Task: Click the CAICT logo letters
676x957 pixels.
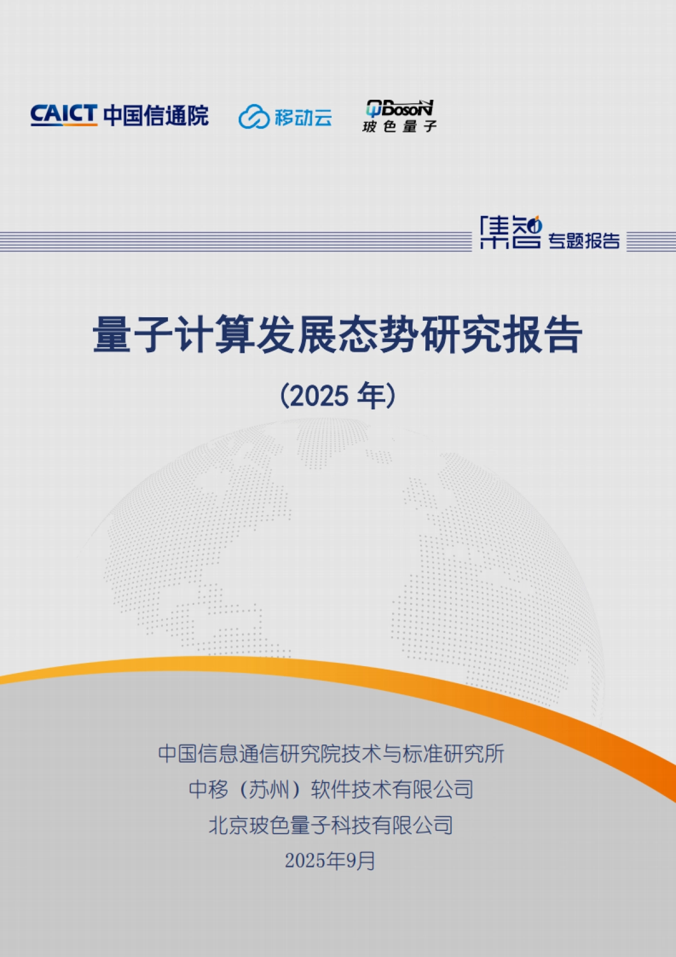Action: coord(64,114)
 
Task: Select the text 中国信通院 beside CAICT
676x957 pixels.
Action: coord(156,116)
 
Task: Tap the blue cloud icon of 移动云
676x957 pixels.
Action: coord(254,117)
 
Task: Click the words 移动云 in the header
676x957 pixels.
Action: coord(304,117)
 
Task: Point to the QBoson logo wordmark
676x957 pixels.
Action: coord(399,108)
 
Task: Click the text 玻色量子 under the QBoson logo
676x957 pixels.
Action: coord(399,126)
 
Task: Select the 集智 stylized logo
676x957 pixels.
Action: coord(510,232)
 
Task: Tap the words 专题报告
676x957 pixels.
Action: coord(584,241)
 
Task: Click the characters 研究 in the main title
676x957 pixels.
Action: coord(460,335)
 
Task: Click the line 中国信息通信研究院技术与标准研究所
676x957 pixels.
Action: coord(331,754)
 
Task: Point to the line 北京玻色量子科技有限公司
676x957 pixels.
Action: coord(331,825)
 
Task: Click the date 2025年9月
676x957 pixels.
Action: coord(330,861)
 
